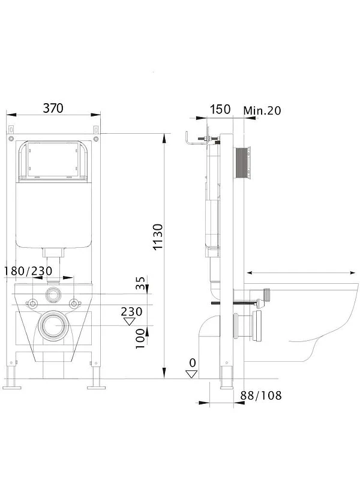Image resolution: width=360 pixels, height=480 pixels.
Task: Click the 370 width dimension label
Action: [53, 108]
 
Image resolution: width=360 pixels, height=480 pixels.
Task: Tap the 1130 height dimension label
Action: [158, 237]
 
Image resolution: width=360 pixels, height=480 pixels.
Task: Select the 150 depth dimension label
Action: [220, 109]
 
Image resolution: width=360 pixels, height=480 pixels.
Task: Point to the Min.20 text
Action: [262, 110]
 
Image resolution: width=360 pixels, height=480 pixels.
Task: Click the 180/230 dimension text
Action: [28, 271]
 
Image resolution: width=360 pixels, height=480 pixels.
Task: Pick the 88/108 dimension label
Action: [261, 395]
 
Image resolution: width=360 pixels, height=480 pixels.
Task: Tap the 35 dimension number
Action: [140, 283]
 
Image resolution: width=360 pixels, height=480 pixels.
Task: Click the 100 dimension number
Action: [140, 338]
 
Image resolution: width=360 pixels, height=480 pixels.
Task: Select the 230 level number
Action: [131, 311]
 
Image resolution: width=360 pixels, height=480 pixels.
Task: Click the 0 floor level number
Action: [192, 363]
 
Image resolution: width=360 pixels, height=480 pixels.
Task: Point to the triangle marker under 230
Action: [130, 322]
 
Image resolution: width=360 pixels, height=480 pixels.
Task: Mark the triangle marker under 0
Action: [191, 374]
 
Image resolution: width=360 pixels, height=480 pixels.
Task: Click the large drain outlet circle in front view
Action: [53, 325]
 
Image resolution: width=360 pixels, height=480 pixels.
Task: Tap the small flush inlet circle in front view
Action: [53, 295]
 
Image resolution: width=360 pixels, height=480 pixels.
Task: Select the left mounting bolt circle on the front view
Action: [32, 304]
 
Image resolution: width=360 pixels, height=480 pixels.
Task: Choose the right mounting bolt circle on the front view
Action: [74, 304]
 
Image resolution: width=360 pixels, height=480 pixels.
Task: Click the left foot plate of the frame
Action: [12, 388]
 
